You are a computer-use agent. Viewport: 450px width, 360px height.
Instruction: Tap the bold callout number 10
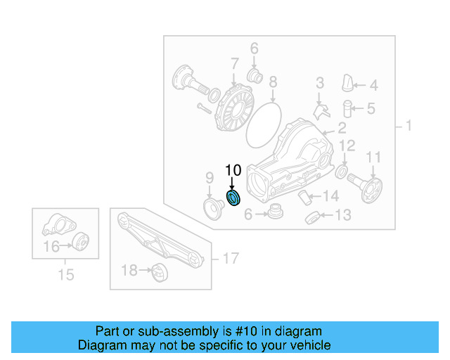[x=233, y=170]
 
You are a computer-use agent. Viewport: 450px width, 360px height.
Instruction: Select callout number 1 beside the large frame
[x=409, y=127]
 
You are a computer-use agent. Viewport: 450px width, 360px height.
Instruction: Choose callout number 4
[x=373, y=86]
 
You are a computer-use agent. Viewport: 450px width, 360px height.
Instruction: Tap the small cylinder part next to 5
[x=347, y=109]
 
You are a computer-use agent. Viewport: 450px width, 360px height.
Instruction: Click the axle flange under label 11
[x=369, y=188]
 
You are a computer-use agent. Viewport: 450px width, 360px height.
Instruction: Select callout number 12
[x=347, y=146]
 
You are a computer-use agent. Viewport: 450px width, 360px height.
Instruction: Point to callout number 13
[x=342, y=215]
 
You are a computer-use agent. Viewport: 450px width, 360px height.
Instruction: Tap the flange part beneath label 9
[x=211, y=207]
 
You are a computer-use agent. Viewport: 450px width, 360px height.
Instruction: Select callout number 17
[x=231, y=259]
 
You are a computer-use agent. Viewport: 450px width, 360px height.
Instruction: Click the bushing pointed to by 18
[x=157, y=271]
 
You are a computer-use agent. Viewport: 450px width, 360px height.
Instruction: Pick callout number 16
[x=51, y=246]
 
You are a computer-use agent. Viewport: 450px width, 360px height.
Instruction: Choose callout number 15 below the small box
[x=65, y=275]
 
